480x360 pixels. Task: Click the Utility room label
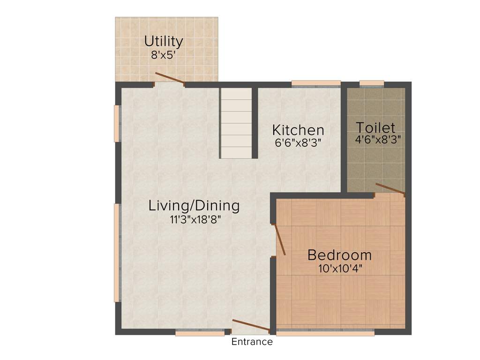[163, 41]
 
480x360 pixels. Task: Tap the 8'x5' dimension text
[163, 54]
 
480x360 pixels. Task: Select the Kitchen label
[298, 129]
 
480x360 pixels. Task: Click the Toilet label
[375, 127]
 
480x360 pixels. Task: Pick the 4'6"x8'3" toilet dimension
[378, 139]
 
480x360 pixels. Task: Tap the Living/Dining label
[194, 205]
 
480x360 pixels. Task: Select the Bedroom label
[339, 255]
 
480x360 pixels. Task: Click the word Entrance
[252, 342]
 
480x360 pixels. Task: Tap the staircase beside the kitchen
[236, 123]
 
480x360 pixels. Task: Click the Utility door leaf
[170, 79]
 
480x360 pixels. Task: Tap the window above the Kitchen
[316, 83]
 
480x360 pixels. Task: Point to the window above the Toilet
[372, 83]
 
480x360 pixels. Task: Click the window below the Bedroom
[325, 333]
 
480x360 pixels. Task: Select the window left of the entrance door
[200, 333]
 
